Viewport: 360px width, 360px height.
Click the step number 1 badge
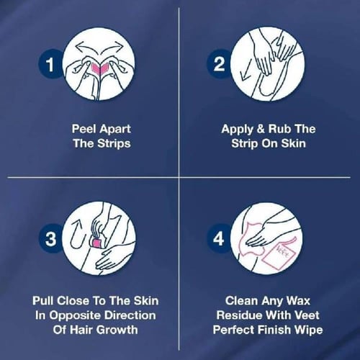50,64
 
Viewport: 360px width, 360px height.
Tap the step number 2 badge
219,64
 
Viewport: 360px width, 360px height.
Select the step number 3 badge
50,238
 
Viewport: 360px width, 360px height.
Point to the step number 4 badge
219,238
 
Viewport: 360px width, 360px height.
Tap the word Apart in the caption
114,130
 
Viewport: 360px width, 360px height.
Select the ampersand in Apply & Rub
261,129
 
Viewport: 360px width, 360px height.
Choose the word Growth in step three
118,330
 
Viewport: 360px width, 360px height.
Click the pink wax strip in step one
99,69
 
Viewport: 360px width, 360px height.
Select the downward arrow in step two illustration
246,70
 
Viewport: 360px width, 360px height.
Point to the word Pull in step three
42,301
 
